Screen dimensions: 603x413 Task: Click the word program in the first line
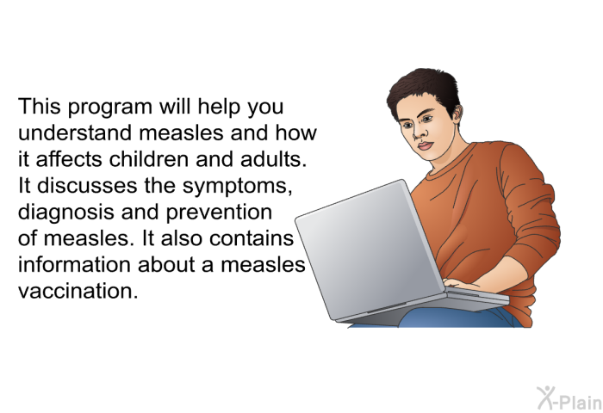tap(110, 108)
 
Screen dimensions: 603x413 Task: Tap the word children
tap(149, 159)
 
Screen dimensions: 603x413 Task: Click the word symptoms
tap(235, 187)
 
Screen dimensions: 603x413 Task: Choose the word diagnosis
tap(66, 213)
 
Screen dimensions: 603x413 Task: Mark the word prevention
tap(219, 213)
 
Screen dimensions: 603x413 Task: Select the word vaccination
tap(78, 291)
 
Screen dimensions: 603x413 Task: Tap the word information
tap(75, 265)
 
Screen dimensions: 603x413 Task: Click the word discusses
tap(87, 186)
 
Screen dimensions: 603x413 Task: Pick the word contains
tap(252, 238)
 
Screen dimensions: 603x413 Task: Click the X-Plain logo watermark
tap(569, 398)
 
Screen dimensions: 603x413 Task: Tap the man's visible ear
tap(457, 114)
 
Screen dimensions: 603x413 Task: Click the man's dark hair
tap(424, 91)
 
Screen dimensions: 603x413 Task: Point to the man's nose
tap(420, 133)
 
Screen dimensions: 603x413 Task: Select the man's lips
tap(426, 146)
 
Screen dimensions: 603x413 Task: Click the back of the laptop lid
tap(370, 248)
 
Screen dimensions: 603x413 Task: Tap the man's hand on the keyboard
tap(462, 284)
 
